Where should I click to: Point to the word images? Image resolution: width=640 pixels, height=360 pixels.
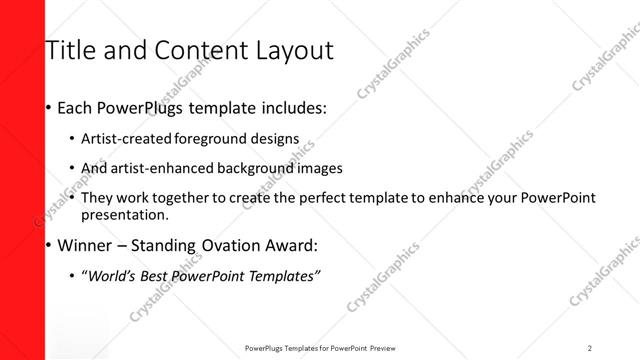tap(320, 168)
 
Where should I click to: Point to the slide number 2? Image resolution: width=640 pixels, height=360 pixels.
tap(590, 348)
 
